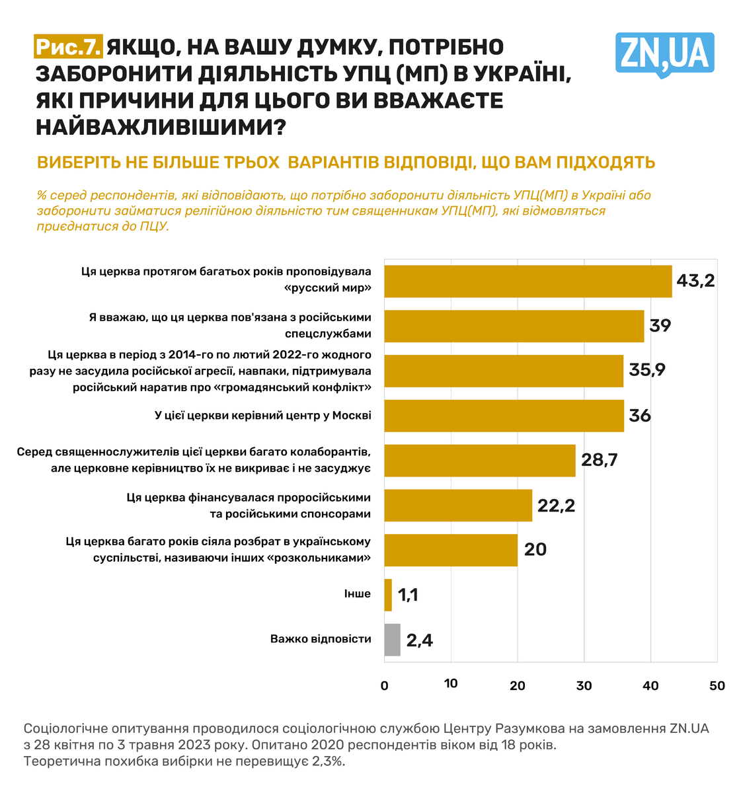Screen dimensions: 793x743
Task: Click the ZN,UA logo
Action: (x=664, y=54)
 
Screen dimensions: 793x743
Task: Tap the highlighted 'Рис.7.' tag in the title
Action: (x=69, y=47)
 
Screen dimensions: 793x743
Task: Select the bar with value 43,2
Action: (x=528, y=282)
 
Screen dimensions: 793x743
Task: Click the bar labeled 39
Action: (x=514, y=326)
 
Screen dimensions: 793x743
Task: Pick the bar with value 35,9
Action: (x=504, y=371)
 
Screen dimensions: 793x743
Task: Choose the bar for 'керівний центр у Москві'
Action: (x=504, y=416)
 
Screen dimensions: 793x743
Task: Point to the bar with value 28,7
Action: (x=479, y=461)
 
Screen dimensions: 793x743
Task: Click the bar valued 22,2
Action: (x=458, y=506)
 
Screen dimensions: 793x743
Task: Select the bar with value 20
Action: (x=451, y=550)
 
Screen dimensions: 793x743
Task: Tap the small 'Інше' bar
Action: (x=388, y=595)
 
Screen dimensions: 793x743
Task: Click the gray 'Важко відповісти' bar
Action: (x=392, y=640)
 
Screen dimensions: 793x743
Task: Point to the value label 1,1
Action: (x=408, y=595)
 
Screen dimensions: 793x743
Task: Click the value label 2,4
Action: (x=420, y=640)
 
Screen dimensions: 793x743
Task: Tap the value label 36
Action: (x=640, y=416)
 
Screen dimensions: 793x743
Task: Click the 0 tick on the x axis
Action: (x=385, y=685)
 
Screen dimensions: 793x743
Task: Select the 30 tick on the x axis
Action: (x=584, y=685)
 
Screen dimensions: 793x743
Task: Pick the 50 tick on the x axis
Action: (x=717, y=685)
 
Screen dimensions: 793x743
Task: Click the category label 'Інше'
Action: (x=358, y=594)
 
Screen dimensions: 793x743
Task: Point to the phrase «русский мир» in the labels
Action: (x=328, y=288)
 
